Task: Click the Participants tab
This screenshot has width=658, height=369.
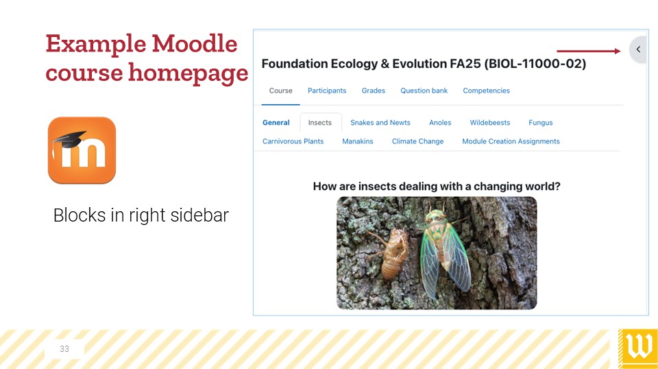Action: pos(327,91)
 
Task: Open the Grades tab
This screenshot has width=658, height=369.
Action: pos(374,91)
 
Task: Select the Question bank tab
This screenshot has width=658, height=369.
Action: pos(424,91)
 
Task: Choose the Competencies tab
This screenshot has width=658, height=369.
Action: pos(487,91)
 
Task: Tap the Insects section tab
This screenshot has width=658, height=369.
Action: pos(320,123)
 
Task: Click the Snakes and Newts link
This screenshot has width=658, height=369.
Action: pos(380,123)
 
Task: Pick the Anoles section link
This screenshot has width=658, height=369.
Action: pos(440,123)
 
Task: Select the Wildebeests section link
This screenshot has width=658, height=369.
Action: pos(489,123)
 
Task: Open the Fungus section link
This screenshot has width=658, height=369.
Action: pos(541,123)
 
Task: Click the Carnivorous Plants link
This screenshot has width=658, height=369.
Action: pos(293,141)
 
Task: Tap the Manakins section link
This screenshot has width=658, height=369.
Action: pos(358,141)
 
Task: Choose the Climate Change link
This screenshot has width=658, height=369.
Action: pos(417,141)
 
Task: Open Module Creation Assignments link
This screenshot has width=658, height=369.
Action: pos(511,141)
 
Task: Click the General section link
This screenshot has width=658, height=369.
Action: pos(276,123)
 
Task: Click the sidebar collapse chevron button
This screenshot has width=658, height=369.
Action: pos(638,49)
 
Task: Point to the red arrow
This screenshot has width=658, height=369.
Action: pos(588,51)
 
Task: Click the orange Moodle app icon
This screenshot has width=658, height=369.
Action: pos(82,150)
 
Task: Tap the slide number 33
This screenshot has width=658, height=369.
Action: pos(64,349)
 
